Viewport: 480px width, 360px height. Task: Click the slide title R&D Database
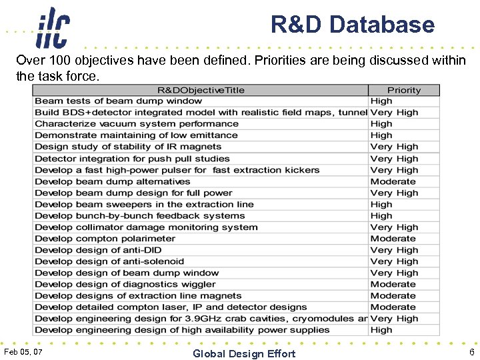[x=352, y=25]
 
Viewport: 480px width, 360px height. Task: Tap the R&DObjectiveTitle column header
[x=201, y=90]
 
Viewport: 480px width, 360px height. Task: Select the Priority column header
[x=404, y=90]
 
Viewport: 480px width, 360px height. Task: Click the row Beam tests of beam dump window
[x=118, y=101]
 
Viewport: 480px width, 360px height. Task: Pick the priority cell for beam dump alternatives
[x=393, y=181]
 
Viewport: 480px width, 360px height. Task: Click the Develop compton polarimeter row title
[x=105, y=239]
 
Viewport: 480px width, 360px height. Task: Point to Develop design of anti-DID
[x=98, y=250]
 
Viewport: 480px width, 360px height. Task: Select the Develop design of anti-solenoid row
[x=109, y=261]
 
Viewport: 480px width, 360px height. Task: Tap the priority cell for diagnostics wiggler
[x=393, y=285]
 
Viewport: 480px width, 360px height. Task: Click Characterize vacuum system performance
[x=136, y=124]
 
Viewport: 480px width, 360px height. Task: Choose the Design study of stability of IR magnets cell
[x=128, y=147]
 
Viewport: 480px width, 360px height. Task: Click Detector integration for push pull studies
[x=132, y=159]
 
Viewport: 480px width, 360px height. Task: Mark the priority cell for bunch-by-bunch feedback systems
[x=381, y=216]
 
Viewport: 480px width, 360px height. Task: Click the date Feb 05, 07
[x=23, y=351]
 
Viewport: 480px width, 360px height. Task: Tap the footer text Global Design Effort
[x=244, y=353]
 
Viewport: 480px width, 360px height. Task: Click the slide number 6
[x=471, y=352]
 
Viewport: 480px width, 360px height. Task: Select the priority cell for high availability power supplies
[x=381, y=330]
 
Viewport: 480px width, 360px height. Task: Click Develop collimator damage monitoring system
[x=146, y=227]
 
